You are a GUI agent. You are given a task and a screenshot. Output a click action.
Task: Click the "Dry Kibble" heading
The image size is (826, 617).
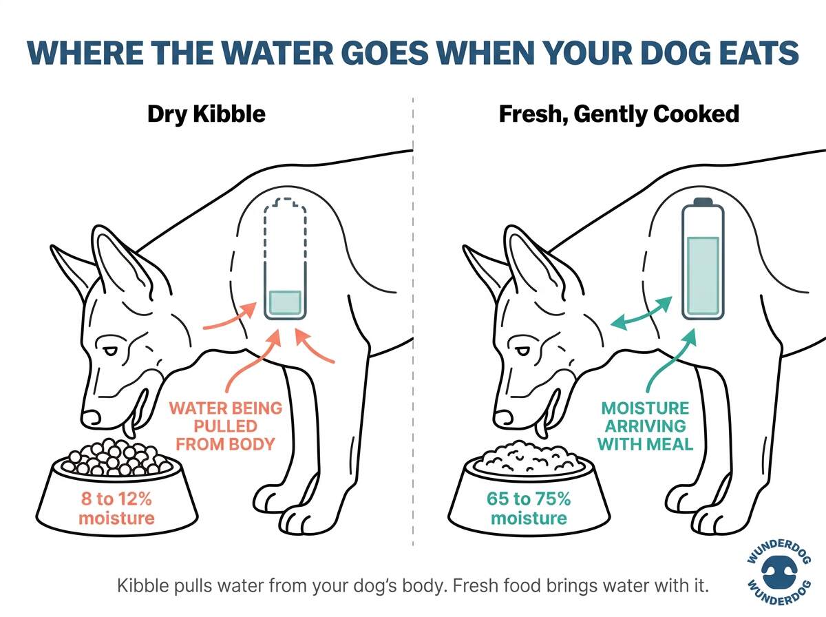[206, 114]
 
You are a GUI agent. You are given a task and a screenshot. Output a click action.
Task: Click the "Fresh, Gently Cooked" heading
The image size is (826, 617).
[619, 114]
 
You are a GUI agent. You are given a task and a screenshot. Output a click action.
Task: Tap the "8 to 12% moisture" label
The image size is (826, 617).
[116, 507]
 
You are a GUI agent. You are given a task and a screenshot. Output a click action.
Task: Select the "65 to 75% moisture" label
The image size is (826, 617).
[528, 507]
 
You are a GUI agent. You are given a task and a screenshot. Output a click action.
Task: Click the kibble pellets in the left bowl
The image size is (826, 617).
[114, 457]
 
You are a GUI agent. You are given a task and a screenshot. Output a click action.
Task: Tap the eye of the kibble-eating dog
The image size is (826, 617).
[111, 351]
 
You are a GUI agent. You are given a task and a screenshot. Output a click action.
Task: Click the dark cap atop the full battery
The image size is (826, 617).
[701, 202]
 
